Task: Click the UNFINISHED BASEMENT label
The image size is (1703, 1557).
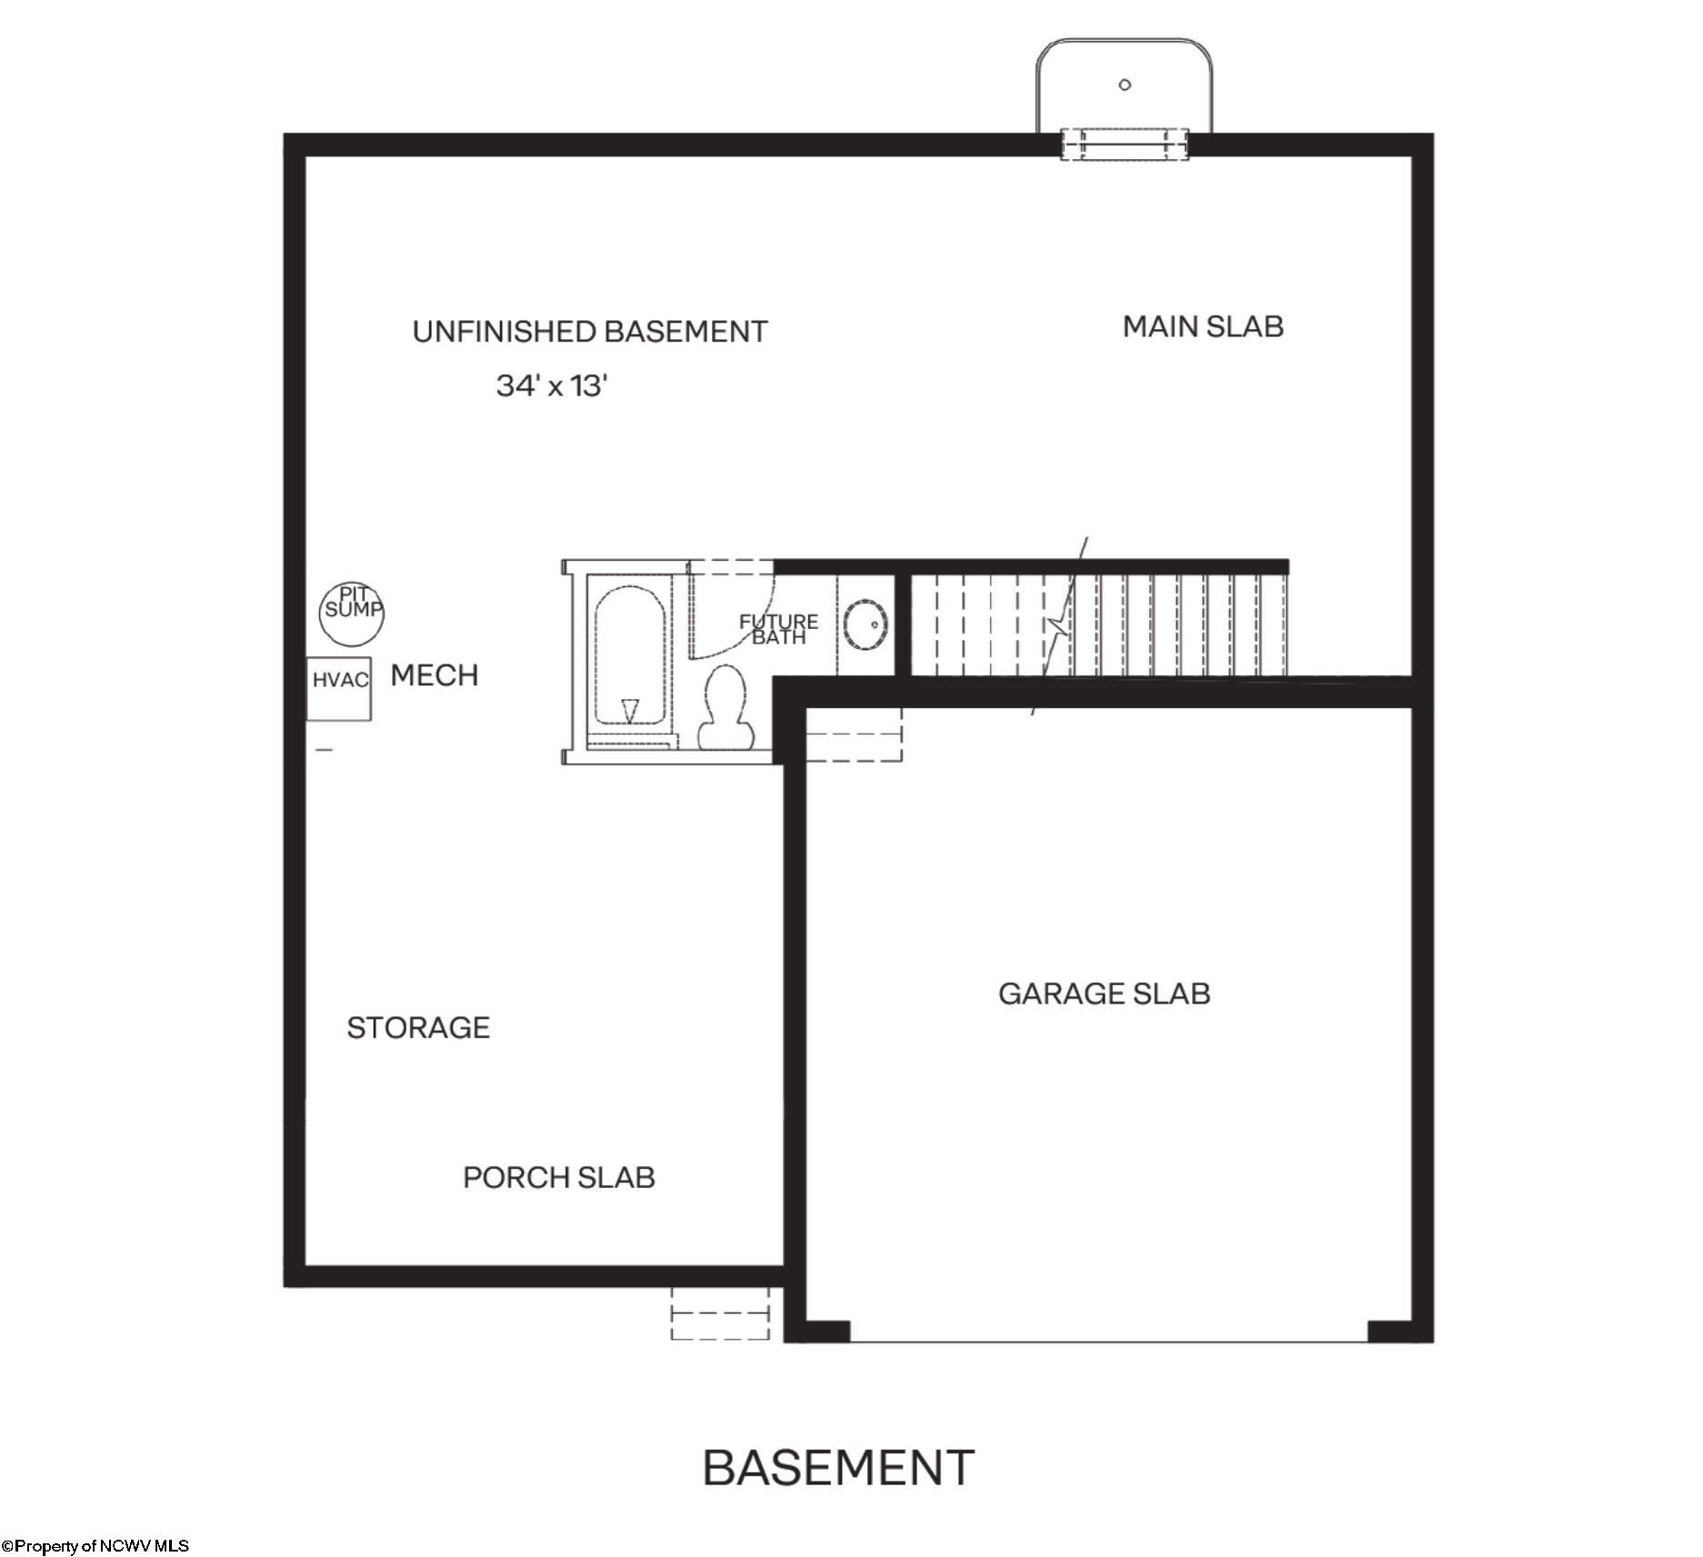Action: [x=590, y=332]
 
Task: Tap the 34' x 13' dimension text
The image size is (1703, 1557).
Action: [x=551, y=385]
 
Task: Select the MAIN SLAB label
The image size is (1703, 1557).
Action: [x=1203, y=326]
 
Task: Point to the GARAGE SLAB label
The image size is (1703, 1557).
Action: [x=1104, y=993]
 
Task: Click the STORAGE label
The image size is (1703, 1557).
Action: [x=418, y=1027]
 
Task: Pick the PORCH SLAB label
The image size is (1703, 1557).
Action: [x=559, y=1177]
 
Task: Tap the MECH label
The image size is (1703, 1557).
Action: [x=434, y=675]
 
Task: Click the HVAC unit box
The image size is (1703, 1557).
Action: [x=338, y=688]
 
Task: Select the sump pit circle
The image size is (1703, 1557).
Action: [x=352, y=614]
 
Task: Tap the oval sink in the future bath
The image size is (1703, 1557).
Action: [x=866, y=624]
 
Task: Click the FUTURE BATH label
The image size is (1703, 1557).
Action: [x=778, y=629]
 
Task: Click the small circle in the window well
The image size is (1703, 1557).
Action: [x=1125, y=85]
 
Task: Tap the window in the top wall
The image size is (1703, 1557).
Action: [x=1125, y=144]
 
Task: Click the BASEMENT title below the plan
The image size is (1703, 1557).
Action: [x=838, y=1468]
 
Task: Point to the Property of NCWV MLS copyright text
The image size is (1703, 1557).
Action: [x=95, y=1545]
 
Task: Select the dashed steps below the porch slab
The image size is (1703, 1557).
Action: [x=720, y=1312]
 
